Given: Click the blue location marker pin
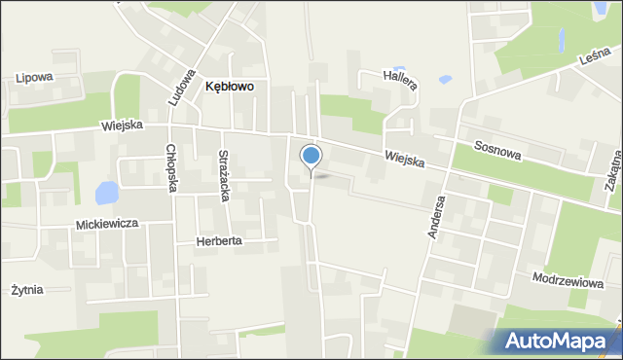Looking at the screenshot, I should [x=311, y=157].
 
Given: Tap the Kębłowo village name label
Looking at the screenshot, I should [x=230, y=87].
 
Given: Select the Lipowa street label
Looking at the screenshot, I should [x=34, y=77].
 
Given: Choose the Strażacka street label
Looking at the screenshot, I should [x=224, y=175].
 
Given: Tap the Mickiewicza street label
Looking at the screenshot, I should [x=107, y=224].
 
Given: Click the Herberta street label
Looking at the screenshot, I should [x=218, y=240].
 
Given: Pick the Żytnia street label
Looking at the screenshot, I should [x=27, y=290].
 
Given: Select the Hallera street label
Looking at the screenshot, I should [x=400, y=80].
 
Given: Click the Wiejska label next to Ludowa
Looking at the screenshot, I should [x=122, y=126].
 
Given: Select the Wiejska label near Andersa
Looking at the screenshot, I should [x=404, y=159].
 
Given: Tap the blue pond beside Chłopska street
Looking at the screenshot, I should [x=105, y=191].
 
